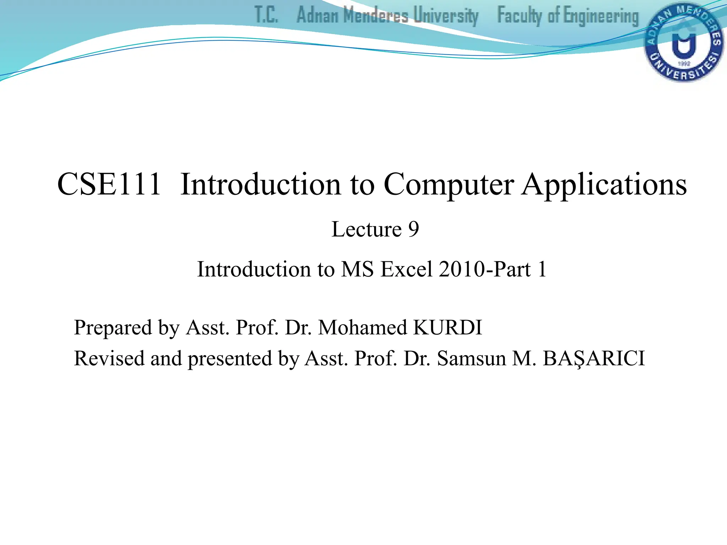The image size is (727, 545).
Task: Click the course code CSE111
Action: tap(109, 185)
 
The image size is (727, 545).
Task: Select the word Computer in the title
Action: tap(449, 185)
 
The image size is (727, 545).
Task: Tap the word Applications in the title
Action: tap(604, 185)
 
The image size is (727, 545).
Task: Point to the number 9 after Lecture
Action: tap(413, 229)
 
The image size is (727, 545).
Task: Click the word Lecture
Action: tap(366, 229)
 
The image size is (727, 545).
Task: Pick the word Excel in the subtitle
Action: tap(406, 269)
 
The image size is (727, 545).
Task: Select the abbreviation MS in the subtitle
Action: tap(357, 269)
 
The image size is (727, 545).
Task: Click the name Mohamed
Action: tap(362, 327)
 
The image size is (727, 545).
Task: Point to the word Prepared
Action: tap(113, 327)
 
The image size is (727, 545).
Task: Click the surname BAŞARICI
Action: tap(594, 358)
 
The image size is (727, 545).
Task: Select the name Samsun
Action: tap(471, 358)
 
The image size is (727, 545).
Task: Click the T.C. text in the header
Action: tap(266, 16)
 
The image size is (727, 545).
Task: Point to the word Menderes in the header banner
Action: tap(376, 16)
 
